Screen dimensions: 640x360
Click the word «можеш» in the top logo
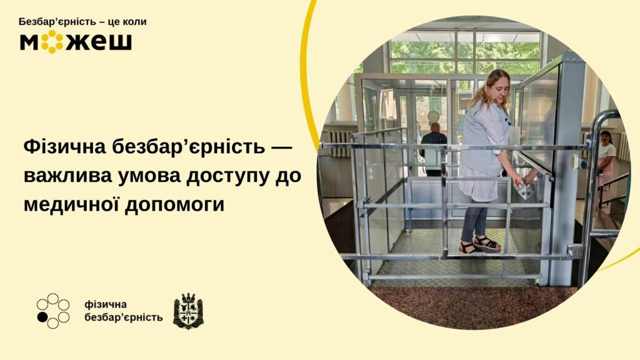coord(76,42)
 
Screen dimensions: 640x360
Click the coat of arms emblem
coord(187,311)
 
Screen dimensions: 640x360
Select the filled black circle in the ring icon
coord(42,317)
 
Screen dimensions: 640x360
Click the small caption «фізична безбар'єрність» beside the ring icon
coord(123,311)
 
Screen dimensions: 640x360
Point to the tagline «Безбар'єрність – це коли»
coord(82,22)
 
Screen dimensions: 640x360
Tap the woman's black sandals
coord(479,244)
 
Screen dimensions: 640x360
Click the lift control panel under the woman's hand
coord(524,190)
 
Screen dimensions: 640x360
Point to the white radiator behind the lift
coord(338,144)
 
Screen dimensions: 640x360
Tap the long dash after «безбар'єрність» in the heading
coord(282,147)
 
